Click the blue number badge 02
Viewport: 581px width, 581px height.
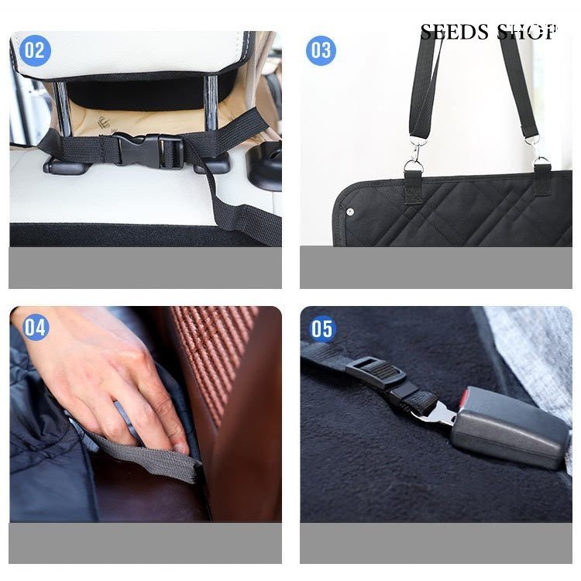[35, 50]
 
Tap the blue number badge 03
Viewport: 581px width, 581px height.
[321, 50]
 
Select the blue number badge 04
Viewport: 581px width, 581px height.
[35, 327]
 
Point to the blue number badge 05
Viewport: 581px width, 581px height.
[321, 328]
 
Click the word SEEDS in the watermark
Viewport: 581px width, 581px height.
[455, 33]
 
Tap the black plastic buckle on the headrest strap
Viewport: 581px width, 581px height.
[148, 150]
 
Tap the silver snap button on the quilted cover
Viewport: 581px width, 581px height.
[349, 211]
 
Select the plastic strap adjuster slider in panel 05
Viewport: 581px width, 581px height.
[376, 372]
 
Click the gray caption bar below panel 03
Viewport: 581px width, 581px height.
[435, 267]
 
